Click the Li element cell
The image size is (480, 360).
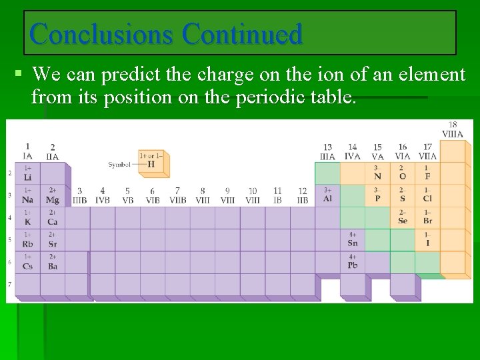coord(27,174)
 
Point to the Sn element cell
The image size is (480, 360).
coord(353,239)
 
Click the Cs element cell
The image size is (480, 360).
coord(27,262)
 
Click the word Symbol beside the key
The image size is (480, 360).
coord(119,164)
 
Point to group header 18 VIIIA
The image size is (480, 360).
coord(452,129)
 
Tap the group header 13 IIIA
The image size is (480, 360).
coord(327,151)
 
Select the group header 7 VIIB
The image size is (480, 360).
coord(177,195)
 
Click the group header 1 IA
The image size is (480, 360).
coord(27,151)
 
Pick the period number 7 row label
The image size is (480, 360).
coord(9,285)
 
